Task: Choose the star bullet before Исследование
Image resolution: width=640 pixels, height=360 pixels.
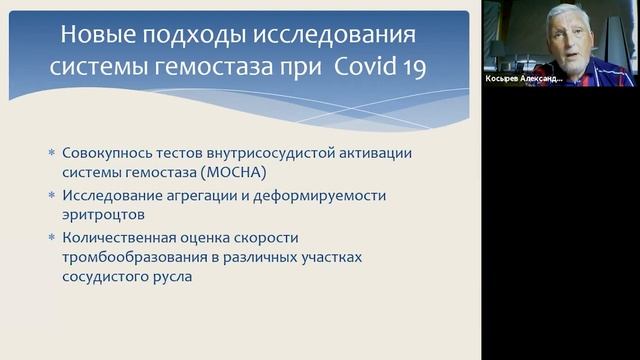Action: [52, 195]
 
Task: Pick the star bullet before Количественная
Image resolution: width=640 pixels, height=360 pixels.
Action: [52, 237]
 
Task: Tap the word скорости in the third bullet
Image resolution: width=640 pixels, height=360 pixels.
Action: [281, 238]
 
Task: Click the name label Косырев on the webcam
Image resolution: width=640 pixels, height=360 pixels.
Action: [510, 77]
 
